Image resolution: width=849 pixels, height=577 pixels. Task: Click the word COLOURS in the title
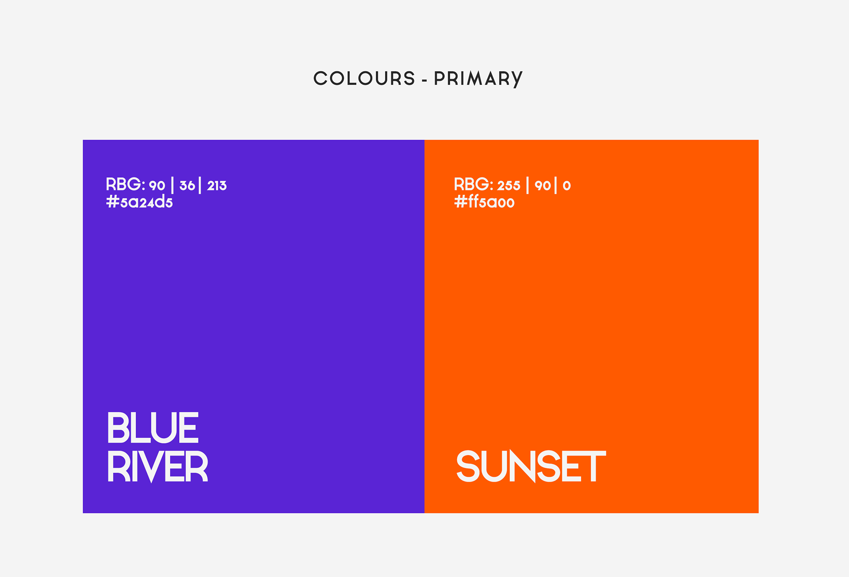[364, 79]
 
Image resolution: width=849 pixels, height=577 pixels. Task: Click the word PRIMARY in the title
[478, 79]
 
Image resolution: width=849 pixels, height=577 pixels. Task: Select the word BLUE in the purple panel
[153, 428]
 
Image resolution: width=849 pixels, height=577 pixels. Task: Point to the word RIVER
[157, 467]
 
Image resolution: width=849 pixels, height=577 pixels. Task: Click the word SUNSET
[531, 467]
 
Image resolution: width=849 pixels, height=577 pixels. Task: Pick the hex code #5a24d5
[139, 202]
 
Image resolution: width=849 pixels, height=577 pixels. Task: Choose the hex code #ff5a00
[484, 202]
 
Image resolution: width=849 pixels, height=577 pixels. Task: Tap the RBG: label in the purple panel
[126, 184]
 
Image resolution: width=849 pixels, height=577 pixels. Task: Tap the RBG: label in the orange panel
[474, 184]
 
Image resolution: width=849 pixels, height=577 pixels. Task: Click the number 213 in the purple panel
[217, 186]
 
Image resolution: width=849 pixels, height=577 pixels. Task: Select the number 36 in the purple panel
[187, 186]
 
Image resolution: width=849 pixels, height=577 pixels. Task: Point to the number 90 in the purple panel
[157, 186]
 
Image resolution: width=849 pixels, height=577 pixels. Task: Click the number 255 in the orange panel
[509, 186]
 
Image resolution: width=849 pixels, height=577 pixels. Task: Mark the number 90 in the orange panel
[543, 186]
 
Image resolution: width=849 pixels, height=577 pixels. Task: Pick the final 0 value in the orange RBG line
[566, 186]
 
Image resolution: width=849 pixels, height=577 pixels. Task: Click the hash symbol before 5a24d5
[113, 202]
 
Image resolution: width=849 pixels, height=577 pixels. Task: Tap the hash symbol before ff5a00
[461, 202]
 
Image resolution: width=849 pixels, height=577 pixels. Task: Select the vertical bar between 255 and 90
[528, 185]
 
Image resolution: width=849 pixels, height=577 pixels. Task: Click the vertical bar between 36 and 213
[200, 185]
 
